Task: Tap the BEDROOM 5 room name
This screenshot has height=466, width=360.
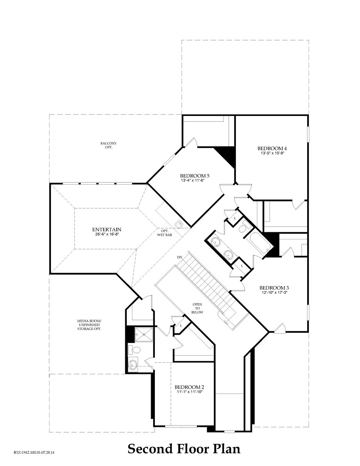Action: (x=195, y=176)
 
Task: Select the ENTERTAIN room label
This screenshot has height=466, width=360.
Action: (x=106, y=229)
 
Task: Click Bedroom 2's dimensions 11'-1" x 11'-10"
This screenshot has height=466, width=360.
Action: (x=189, y=392)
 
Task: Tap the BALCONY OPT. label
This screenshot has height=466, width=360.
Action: (x=109, y=145)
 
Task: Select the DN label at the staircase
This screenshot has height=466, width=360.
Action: (x=180, y=257)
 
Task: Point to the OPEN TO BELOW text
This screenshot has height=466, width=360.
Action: (x=198, y=308)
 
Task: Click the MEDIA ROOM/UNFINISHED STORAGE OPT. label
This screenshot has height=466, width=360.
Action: (x=89, y=325)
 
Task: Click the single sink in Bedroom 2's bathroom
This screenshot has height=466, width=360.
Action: (x=133, y=364)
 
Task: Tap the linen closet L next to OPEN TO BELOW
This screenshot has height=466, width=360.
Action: (x=181, y=325)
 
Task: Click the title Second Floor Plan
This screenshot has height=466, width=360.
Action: (x=184, y=448)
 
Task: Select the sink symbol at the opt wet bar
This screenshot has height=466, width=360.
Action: (x=179, y=224)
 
